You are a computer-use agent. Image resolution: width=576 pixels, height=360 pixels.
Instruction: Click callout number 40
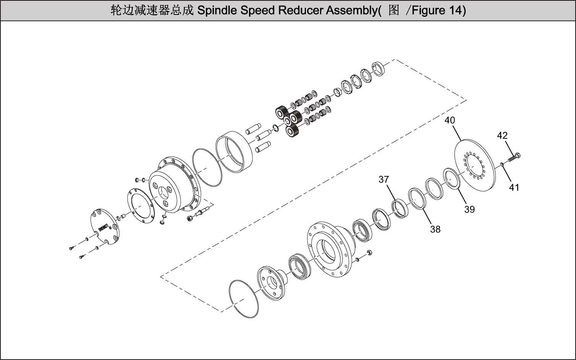pyautogui.click(x=450, y=120)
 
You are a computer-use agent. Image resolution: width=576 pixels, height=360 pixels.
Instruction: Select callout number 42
pyautogui.click(x=502, y=135)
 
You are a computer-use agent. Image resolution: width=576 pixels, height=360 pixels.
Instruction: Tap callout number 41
pyautogui.click(x=514, y=187)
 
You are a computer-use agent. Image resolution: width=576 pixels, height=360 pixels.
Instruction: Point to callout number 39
pyautogui.click(x=469, y=209)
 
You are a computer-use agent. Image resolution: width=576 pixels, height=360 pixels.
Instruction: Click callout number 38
pyautogui.click(x=435, y=229)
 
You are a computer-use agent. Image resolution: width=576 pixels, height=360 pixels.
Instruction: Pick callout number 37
pyautogui.click(x=383, y=179)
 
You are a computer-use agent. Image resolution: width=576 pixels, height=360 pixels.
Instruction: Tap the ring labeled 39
pyautogui.click(x=452, y=178)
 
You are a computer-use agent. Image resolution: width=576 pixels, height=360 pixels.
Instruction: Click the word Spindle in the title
pyautogui.click(x=217, y=10)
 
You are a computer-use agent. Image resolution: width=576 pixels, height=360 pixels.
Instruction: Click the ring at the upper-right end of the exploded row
pyautogui.click(x=378, y=68)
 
